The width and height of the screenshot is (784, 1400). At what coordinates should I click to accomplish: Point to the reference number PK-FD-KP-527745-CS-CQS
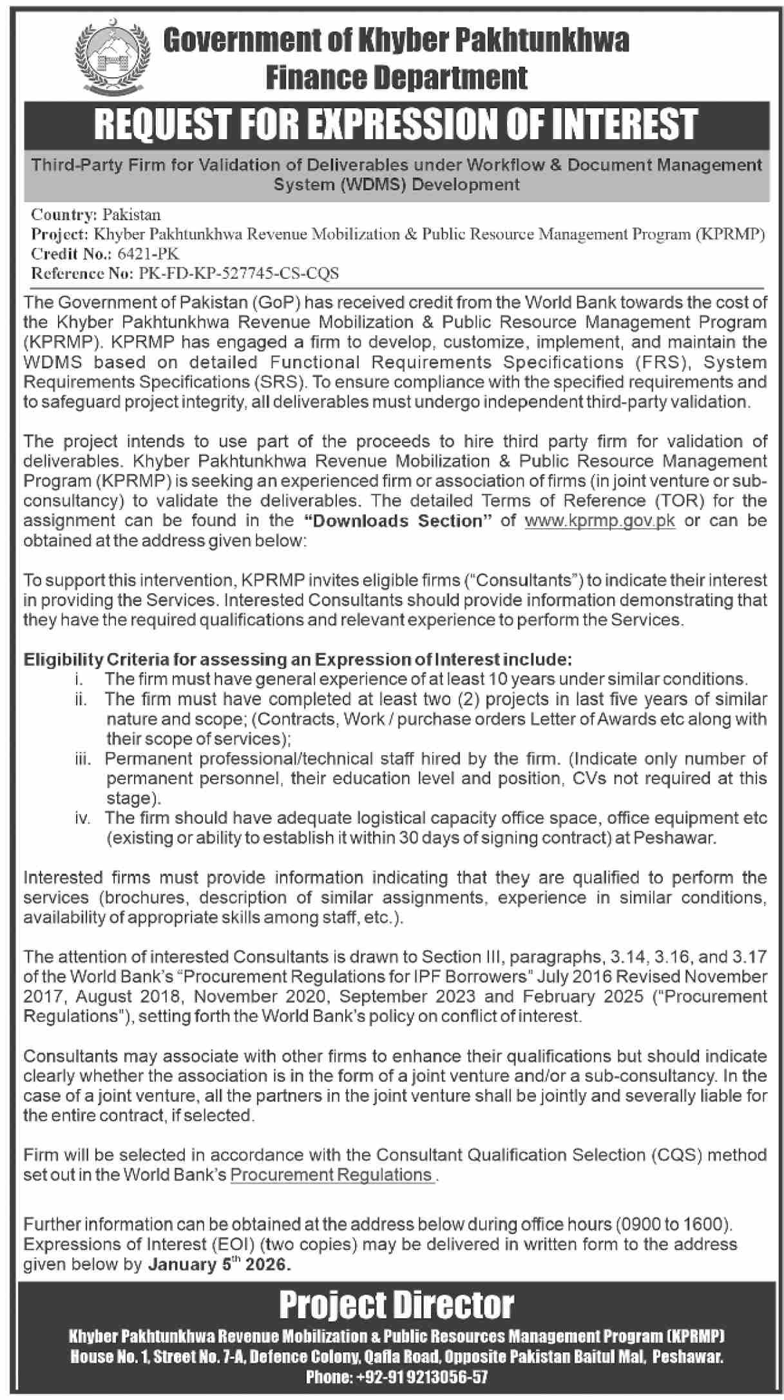coord(238,273)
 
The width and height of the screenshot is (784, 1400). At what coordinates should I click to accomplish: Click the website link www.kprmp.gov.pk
coord(600,520)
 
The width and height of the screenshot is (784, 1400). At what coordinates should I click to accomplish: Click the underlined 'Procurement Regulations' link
coord(331,1175)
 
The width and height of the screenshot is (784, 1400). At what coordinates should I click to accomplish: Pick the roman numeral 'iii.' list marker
coord(82,759)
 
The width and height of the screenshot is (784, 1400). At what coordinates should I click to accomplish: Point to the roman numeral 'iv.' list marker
coord(82,818)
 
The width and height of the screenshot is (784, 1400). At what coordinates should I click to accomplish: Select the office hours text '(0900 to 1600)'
coord(673,1224)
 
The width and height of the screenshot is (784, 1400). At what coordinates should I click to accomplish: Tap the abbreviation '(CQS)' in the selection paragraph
coord(678,1155)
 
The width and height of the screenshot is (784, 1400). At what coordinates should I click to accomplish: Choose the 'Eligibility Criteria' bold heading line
coord(298,659)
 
